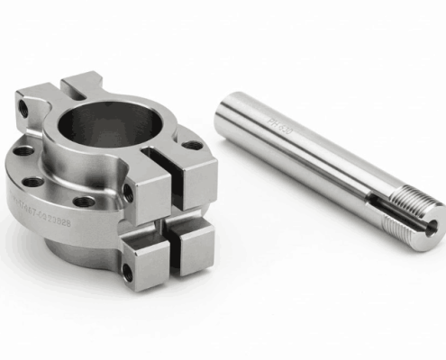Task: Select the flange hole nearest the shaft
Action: click(193, 145)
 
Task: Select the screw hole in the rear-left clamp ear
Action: click(23, 107)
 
